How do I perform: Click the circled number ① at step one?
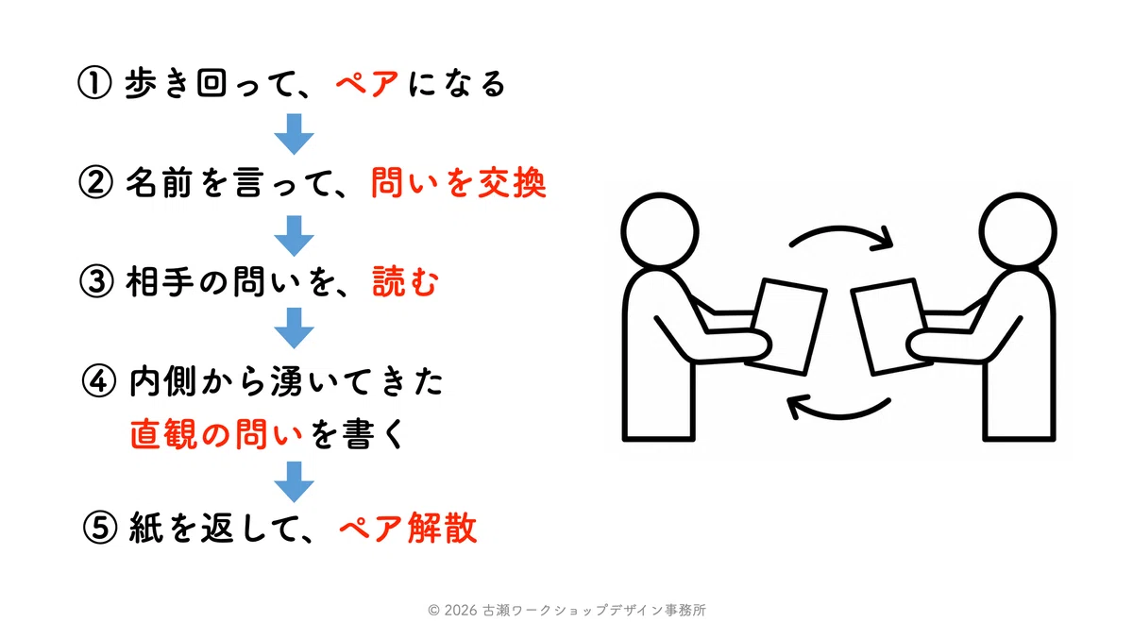[94, 83]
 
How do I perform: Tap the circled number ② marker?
[95, 182]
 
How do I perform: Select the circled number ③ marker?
[96, 281]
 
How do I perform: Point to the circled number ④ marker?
[98, 381]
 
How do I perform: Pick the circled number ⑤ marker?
[100, 528]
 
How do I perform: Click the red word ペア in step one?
[367, 83]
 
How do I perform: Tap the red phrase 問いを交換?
[459, 182]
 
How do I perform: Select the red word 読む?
[406, 281]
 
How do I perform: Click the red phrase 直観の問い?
[216, 434]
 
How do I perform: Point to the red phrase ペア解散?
[408, 528]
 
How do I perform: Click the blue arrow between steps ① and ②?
[294, 134]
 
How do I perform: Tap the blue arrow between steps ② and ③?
[294, 236]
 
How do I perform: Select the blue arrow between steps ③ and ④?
[294, 328]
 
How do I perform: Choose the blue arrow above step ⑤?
[294, 481]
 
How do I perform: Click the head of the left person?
[660, 230]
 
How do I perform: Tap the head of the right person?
[1018, 230]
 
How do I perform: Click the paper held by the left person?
[787, 327]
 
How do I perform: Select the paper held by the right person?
[891, 327]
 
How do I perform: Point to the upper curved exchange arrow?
[840, 228]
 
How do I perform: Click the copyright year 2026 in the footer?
[461, 610]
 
